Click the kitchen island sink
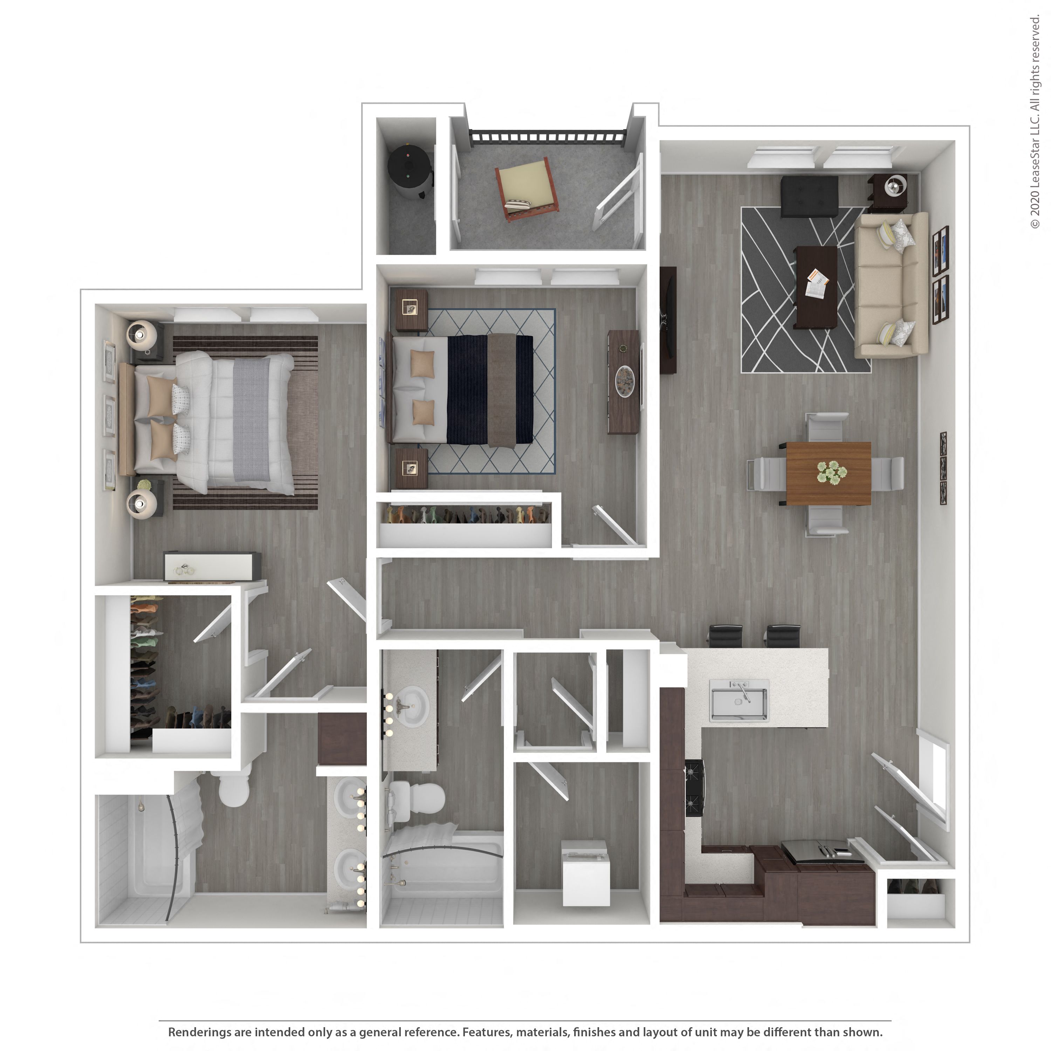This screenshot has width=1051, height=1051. [x=739, y=701]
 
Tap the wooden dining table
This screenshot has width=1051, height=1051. [x=828, y=473]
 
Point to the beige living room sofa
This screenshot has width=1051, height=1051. [x=890, y=285]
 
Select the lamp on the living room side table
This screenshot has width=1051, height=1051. [x=894, y=186]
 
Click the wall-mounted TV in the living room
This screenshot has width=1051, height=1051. [x=668, y=320]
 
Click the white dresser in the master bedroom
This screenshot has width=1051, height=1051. [x=212, y=566]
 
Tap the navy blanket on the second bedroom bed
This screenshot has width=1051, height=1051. [x=467, y=389]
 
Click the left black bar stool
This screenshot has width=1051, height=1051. [x=726, y=636]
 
